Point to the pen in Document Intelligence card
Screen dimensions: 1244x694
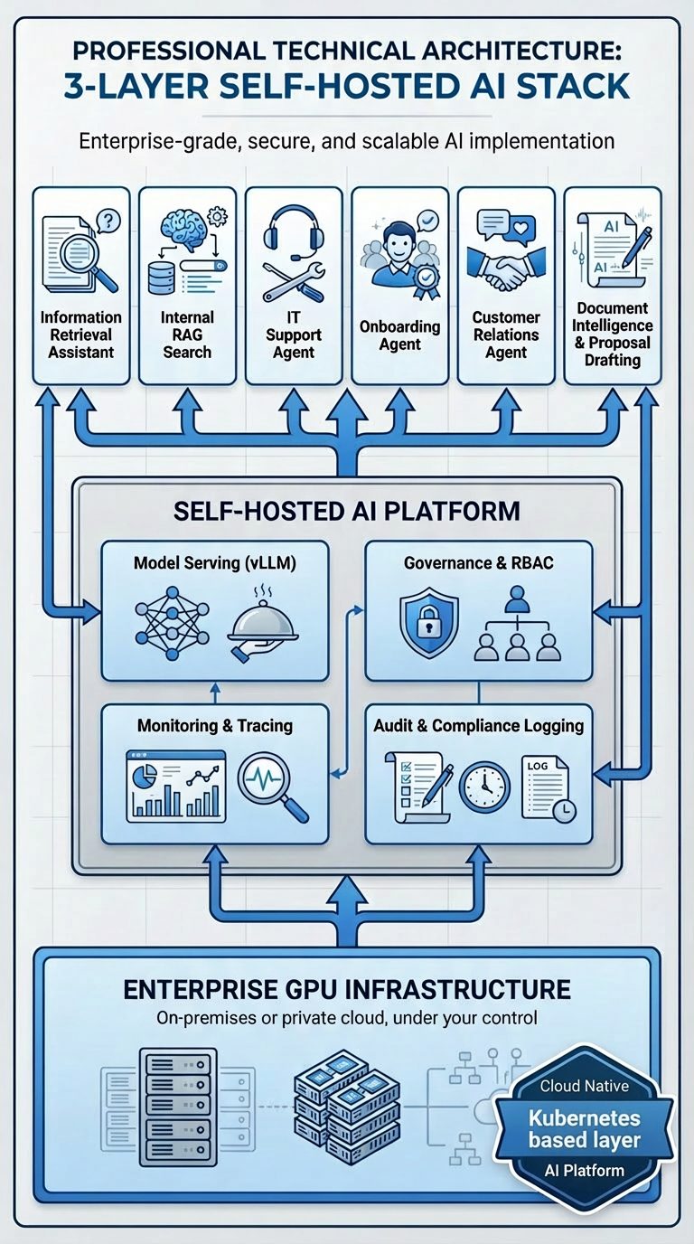pyautogui.click(x=635, y=246)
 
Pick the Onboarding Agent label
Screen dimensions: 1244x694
pyautogui.click(x=399, y=335)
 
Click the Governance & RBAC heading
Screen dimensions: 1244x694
pyautogui.click(x=478, y=562)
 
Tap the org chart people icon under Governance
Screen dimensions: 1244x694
pyautogui.click(x=516, y=623)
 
